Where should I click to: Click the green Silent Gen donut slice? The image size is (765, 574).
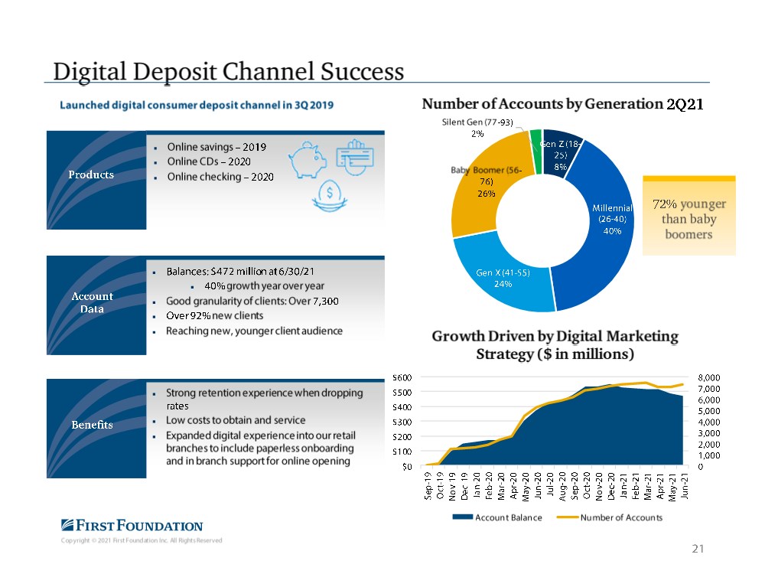pyautogui.click(x=535, y=141)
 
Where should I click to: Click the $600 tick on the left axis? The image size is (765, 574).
pyautogui.click(x=402, y=377)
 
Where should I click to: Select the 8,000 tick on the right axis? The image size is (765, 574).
pyautogui.click(x=709, y=377)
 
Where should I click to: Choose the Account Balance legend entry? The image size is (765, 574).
pyautogui.click(x=499, y=518)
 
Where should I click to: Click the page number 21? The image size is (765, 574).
pyautogui.click(x=697, y=548)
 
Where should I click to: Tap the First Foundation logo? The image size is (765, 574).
pyautogui.click(x=132, y=526)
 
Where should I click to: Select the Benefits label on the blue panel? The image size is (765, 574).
pyautogui.click(x=93, y=425)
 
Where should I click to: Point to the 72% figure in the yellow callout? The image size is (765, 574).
pyautogui.click(x=665, y=204)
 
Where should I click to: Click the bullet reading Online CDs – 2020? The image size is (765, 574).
pyautogui.click(x=209, y=161)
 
